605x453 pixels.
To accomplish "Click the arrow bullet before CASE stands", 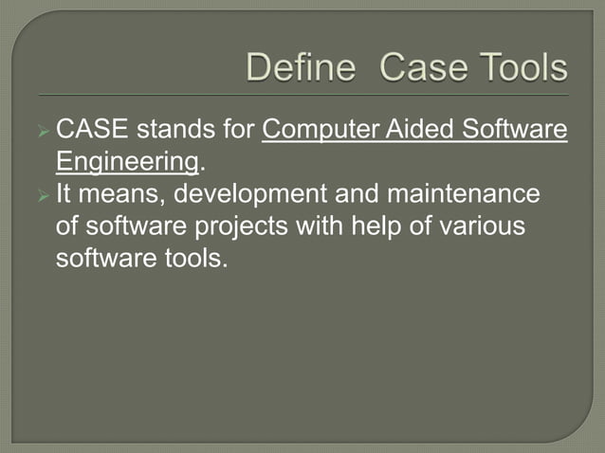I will pyautogui.click(x=43, y=130).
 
